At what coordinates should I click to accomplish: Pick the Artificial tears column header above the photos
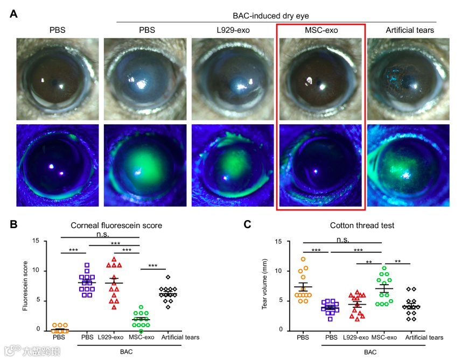(410, 30)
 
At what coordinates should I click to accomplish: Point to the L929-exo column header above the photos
(233, 30)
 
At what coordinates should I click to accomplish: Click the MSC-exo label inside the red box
(321, 30)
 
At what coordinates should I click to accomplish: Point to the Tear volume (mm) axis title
(264, 286)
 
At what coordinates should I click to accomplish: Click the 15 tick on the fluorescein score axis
(36, 241)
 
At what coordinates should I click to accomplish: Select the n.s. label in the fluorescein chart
(100, 234)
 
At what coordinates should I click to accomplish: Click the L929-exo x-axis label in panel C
(356, 337)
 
